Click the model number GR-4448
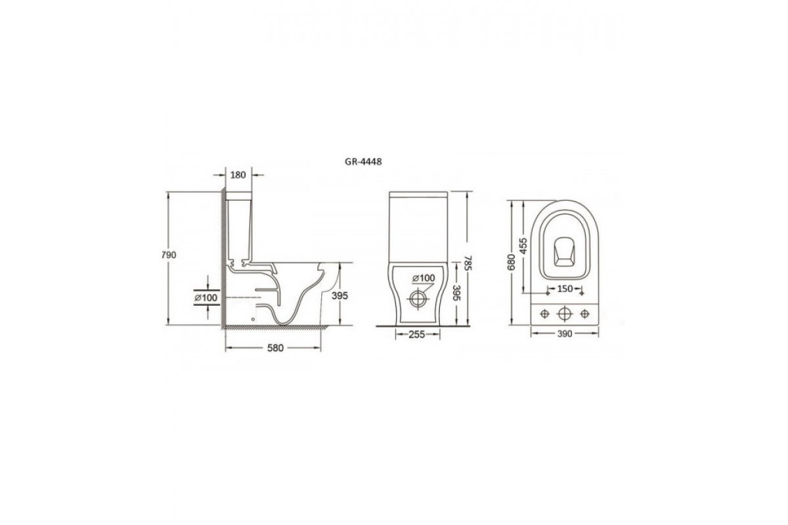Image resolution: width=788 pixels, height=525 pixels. [362, 161]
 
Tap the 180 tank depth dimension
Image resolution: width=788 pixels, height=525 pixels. [238, 175]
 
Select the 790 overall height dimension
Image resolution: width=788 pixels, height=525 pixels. [169, 255]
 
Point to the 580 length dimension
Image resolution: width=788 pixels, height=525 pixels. [275, 348]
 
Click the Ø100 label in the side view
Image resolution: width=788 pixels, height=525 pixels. [206, 298]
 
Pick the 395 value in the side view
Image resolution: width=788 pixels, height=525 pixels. [339, 296]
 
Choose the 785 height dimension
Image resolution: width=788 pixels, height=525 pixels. [467, 262]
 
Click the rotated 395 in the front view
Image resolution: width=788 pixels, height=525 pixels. [456, 293]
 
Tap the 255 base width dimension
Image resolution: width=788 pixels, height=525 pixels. [417, 335]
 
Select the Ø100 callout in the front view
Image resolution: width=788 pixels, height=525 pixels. [424, 278]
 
